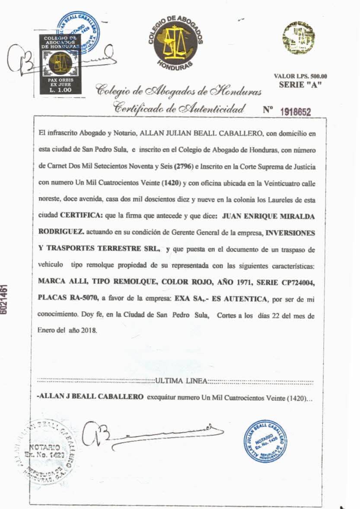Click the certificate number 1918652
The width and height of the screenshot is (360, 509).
click(x=296, y=112)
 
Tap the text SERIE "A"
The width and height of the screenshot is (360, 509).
click(x=297, y=85)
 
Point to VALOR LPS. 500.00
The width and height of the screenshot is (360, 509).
click(x=300, y=76)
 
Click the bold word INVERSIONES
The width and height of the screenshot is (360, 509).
click(x=290, y=232)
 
